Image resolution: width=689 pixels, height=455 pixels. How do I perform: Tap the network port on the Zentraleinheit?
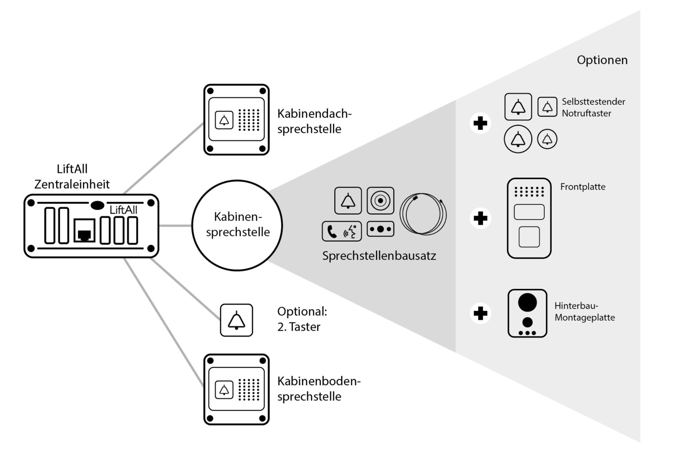[x=84, y=231]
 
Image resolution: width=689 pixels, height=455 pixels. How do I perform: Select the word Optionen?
[x=602, y=60]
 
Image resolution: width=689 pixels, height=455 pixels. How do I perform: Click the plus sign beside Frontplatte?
[x=480, y=218]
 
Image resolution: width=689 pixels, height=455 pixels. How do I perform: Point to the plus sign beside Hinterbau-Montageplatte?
[x=480, y=313]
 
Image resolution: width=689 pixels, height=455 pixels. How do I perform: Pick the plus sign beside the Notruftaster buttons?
[x=480, y=123]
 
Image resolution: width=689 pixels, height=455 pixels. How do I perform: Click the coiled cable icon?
[x=423, y=214]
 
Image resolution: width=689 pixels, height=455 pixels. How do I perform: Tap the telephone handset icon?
[x=332, y=231]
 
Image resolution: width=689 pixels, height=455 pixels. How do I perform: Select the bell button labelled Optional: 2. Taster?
[x=237, y=320]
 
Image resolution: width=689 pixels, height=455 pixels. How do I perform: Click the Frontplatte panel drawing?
[x=529, y=218]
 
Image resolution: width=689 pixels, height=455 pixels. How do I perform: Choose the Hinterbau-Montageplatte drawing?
[x=527, y=313]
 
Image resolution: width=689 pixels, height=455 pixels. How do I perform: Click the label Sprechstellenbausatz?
[x=379, y=256]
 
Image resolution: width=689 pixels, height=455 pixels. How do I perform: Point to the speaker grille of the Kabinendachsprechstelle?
[x=249, y=120]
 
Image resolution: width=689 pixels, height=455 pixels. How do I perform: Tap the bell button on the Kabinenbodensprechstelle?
[x=224, y=390]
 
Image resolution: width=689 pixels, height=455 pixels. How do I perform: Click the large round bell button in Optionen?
[x=518, y=139]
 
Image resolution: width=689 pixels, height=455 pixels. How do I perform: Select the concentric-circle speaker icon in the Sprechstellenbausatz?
[x=380, y=201]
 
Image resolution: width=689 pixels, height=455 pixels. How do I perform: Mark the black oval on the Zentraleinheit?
[x=97, y=205]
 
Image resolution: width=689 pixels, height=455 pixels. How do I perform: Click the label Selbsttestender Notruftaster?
[x=593, y=108]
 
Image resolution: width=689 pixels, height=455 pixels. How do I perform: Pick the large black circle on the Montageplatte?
[x=527, y=303]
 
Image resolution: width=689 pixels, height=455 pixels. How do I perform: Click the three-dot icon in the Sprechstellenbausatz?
[x=380, y=229]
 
